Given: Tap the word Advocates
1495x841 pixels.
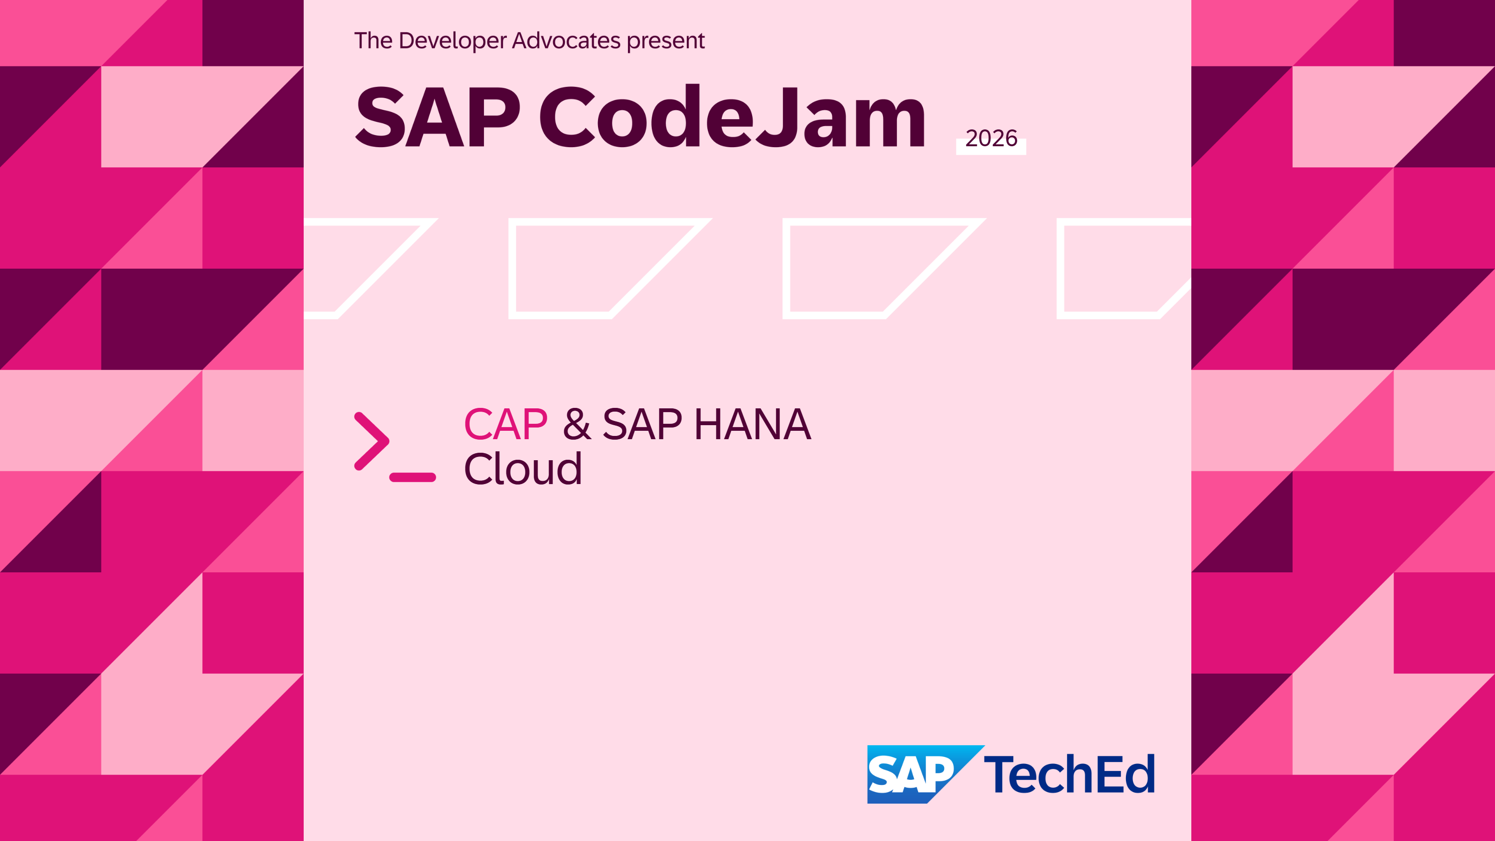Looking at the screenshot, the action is click(x=566, y=41).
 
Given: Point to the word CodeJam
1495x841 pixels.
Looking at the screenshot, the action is click(x=733, y=116).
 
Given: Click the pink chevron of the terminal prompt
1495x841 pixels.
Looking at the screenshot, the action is click(x=371, y=441).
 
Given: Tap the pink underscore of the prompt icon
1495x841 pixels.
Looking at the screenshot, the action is click(x=412, y=477).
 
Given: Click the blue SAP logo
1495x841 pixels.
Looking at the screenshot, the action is click(x=925, y=774).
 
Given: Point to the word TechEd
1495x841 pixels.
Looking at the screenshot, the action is click(x=1069, y=774).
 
